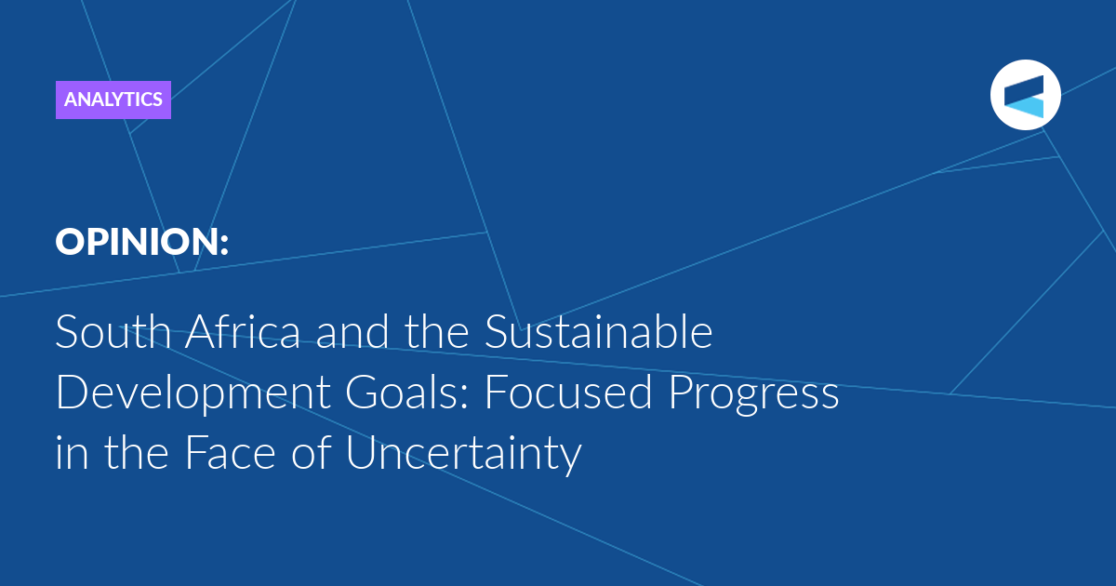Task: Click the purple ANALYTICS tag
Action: [x=113, y=100]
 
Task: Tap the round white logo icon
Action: [x=1025, y=95]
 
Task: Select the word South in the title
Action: [x=113, y=331]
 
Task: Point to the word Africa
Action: [x=243, y=330]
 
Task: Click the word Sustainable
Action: [x=598, y=331]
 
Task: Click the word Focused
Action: [x=568, y=393]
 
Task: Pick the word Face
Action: [x=230, y=452]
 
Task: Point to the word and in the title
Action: [x=352, y=331]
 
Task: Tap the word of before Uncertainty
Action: [x=312, y=451]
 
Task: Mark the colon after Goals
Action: [x=464, y=398]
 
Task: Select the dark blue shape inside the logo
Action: [x=1024, y=88]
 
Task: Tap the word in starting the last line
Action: [x=72, y=452]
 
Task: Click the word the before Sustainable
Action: [x=436, y=331]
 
